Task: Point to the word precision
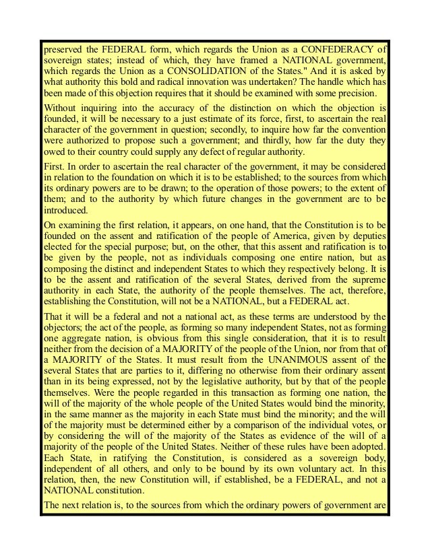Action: (x=355, y=92)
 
